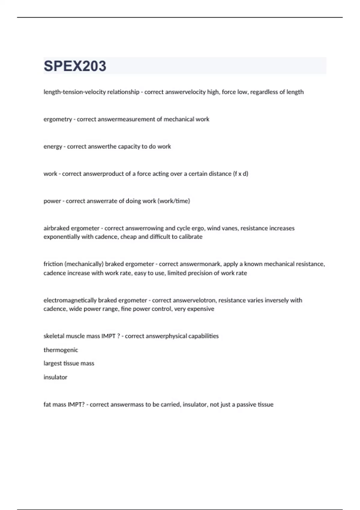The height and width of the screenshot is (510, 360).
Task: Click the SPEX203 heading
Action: pos(75,66)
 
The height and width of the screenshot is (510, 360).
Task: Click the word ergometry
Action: pos(58,119)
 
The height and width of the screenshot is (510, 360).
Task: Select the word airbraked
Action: pos(56,228)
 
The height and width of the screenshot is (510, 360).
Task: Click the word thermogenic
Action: pos(61,350)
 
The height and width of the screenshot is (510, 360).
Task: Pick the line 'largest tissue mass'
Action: pos(69,363)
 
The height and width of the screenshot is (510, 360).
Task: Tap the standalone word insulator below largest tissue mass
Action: pos(55,377)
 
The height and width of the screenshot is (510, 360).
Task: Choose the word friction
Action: pos(52,264)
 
